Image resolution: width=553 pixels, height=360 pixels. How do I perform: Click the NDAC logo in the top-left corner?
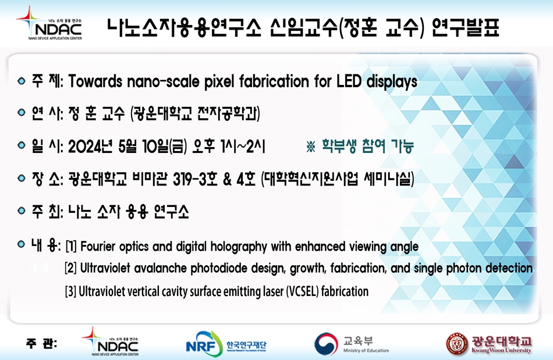tap(49, 23)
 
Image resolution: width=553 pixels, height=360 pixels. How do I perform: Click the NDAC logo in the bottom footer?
tap(110, 341)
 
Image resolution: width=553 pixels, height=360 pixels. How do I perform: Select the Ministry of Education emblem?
tap(326, 344)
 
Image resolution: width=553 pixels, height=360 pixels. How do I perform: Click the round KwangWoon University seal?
tap(457, 344)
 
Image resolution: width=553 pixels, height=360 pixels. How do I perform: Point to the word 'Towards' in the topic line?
tap(95, 81)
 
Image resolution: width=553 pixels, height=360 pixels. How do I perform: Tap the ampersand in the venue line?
tap(228, 179)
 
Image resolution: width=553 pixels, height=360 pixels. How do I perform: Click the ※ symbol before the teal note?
tap(311, 147)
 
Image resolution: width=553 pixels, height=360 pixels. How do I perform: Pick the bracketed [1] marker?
tap(71, 246)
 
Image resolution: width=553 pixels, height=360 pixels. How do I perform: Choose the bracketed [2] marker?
tap(70, 268)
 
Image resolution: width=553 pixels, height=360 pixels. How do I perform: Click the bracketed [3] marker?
tap(70, 291)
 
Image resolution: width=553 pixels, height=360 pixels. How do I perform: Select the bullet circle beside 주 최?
tap(22, 211)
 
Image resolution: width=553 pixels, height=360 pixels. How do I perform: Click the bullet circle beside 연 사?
tap(22, 113)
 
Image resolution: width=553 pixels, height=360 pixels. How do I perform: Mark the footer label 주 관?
tap(41, 344)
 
